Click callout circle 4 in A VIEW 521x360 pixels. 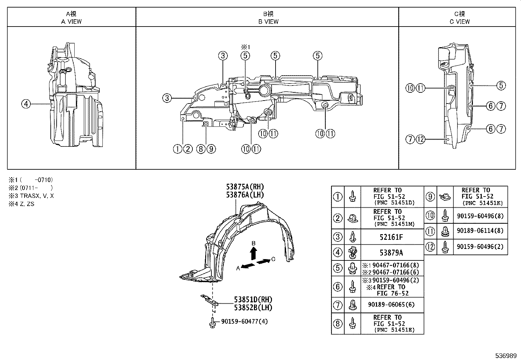tap(26, 104)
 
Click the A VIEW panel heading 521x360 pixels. tap(71, 18)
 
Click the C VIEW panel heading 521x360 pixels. tap(459, 18)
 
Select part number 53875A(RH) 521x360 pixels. tap(244, 187)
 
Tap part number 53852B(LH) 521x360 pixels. tap(253, 307)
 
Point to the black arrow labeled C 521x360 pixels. tap(264, 261)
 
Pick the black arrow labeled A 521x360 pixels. tap(248, 266)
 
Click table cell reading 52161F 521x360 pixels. tap(391, 237)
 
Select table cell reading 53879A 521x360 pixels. tap(391, 253)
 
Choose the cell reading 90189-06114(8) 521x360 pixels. tap(480, 231)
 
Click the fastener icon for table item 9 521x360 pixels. tap(444, 197)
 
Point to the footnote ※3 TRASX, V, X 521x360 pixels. tap(31, 196)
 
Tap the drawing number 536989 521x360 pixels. tap(506, 355)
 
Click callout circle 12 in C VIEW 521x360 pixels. tap(421, 140)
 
